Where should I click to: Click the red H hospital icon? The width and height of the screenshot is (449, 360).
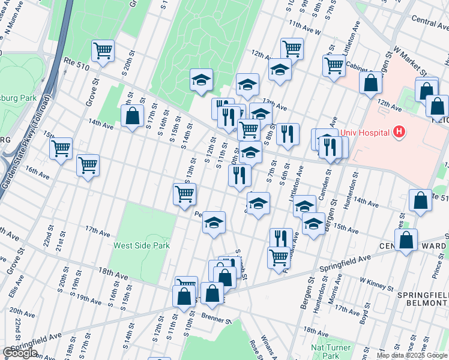pyautogui.click(x=398, y=131)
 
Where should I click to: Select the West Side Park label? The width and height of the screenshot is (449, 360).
pyautogui.click(x=142, y=245)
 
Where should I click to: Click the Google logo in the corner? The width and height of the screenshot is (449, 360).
pyautogui.click(x=20, y=353)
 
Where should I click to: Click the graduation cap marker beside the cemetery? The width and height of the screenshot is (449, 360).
pyautogui.click(x=202, y=79)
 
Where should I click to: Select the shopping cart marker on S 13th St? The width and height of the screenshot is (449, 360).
pyautogui.click(x=184, y=193)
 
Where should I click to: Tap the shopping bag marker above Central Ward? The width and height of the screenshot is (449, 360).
pyautogui.click(x=406, y=239)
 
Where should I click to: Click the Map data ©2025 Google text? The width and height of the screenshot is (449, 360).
pyautogui.click(x=412, y=355)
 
